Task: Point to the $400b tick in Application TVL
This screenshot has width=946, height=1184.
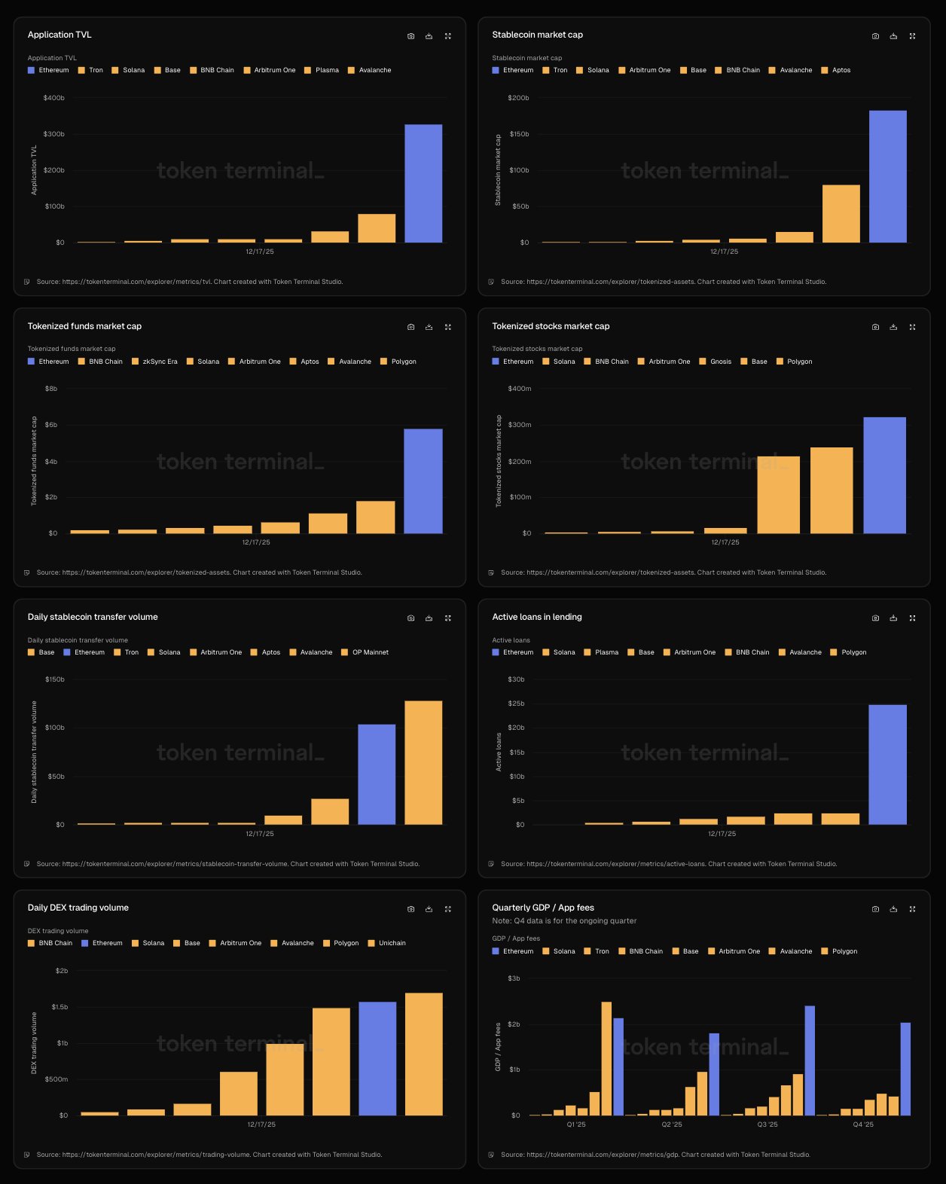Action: click(54, 98)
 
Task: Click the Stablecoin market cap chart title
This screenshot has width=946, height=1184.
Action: click(537, 35)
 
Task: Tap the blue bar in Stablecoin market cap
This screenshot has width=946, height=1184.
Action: click(887, 176)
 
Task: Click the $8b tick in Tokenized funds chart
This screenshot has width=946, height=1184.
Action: click(51, 389)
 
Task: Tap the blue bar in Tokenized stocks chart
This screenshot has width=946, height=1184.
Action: click(884, 475)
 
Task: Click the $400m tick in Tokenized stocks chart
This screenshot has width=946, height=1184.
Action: click(520, 389)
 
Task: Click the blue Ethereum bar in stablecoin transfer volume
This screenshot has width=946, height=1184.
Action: click(377, 774)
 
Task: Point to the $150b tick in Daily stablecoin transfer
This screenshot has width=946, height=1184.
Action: click(55, 679)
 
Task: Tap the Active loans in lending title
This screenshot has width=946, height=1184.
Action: click(536, 617)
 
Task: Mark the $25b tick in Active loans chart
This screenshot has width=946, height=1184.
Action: click(517, 703)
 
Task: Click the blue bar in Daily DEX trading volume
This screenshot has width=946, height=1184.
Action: click(377, 1058)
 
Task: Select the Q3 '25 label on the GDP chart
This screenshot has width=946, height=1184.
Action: click(767, 1124)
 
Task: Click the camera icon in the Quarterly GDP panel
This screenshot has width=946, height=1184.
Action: click(875, 909)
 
